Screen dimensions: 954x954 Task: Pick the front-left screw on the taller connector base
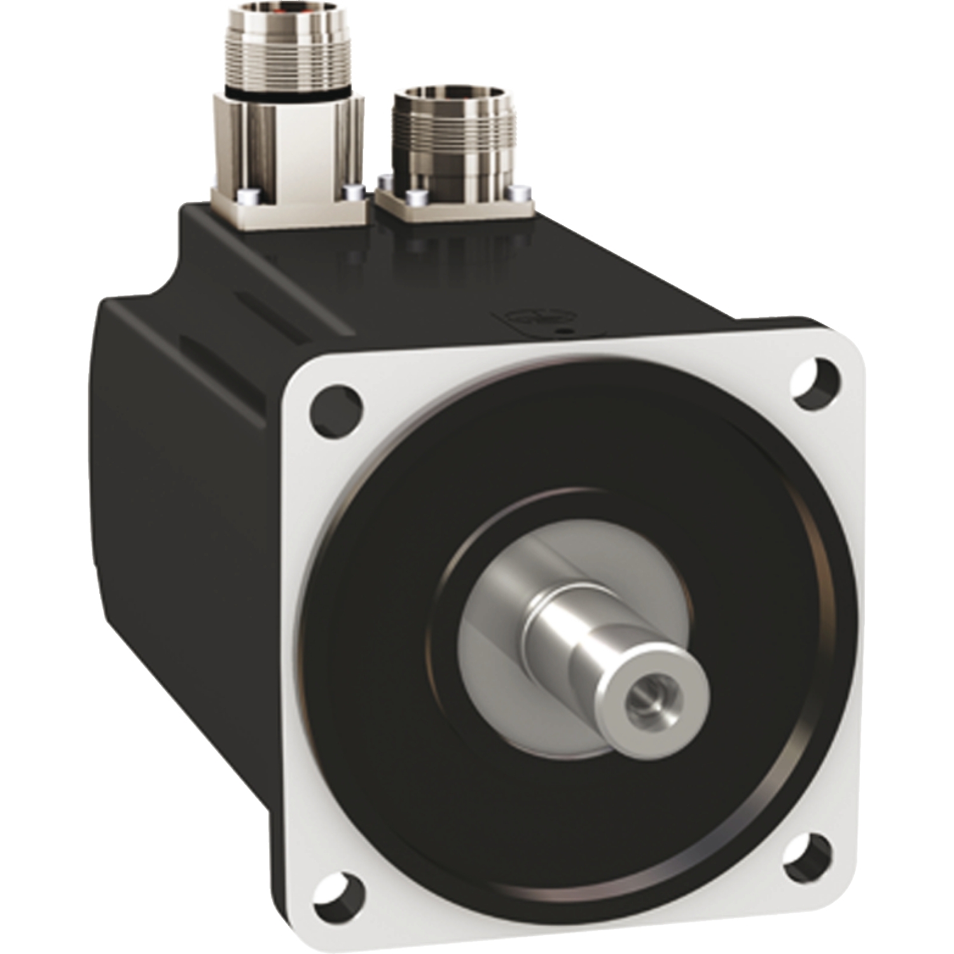(x=249, y=195)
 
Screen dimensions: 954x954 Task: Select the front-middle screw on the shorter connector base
(x=415, y=197)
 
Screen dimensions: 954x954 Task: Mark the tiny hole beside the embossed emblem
(x=560, y=330)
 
